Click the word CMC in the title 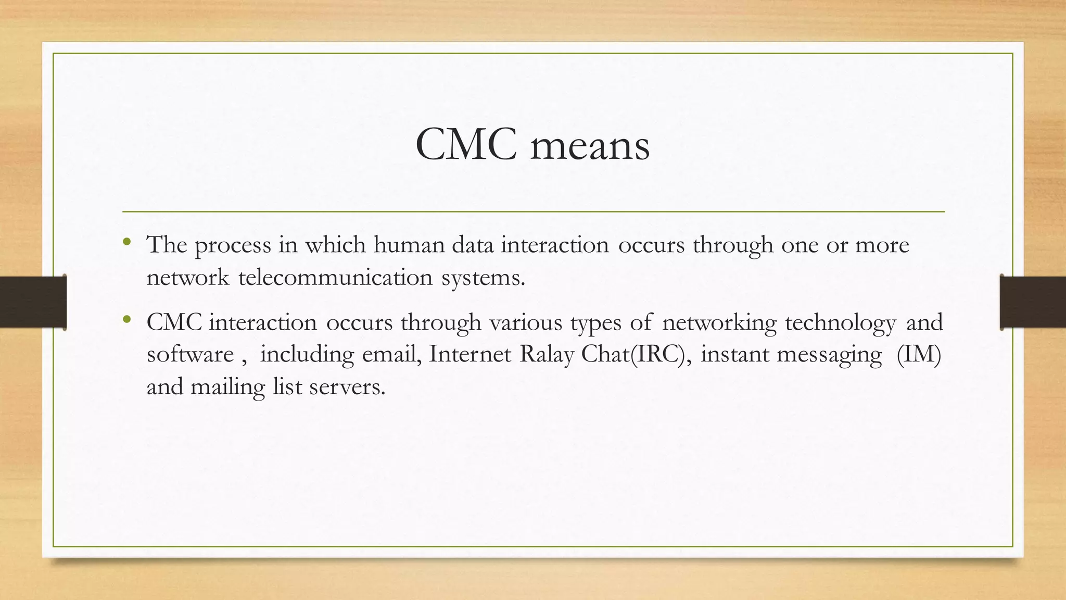[x=466, y=145]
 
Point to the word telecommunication [x=336, y=277]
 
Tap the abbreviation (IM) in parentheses [x=919, y=355]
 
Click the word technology [x=840, y=323]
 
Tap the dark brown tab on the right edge [x=1033, y=302]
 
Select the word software [x=190, y=354]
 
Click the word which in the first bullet [x=335, y=244]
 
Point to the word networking [x=719, y=323]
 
